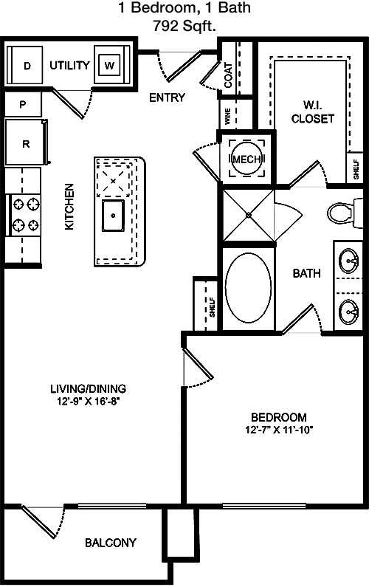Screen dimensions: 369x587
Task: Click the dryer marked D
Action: pyautogui.click(x=24, y=66)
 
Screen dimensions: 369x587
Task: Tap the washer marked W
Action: pyautogui.click(x=110, y=66)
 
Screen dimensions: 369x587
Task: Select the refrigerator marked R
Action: pyautogui.click(x=25, y=143)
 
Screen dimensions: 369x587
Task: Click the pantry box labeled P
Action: pyautogui.click(x=22, y=103)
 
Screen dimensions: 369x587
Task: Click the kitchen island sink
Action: pyautogui.click(x=113, y=216)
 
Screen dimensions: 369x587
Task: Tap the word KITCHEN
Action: pyautogui.click(x=69, y=206)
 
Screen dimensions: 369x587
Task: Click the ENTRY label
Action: pyautogui.click(x=167, y=97)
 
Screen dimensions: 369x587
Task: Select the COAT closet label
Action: pyautogui.click(x=228, y=75)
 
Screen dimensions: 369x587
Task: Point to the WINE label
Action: pyautogui.click(x=228, y=117)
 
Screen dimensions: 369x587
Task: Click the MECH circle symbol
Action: pyautogui.click(x=247, y=159)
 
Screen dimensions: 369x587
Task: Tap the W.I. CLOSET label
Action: pyautogui.click(x=312, y=111)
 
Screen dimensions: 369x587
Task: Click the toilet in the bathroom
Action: pyautogui.click(x=345, y=213)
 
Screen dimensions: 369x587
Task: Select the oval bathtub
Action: pyautogui.click(x=249, y=288)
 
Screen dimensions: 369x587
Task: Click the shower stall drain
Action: pyautogui.click(x=249, y=215)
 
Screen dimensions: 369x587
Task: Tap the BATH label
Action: pyautogui.click(x=306, y=273)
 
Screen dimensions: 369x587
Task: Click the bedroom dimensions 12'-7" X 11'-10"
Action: pyautogui.click(x=279, y=430)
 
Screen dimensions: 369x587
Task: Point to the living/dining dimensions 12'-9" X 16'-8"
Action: pyautogui.click(x=89, y=402)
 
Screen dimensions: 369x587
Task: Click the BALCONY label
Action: pyautogui.click(x=111, y=543)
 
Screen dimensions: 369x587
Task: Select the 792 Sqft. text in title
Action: pyautogui.click(x=184, y=25)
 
